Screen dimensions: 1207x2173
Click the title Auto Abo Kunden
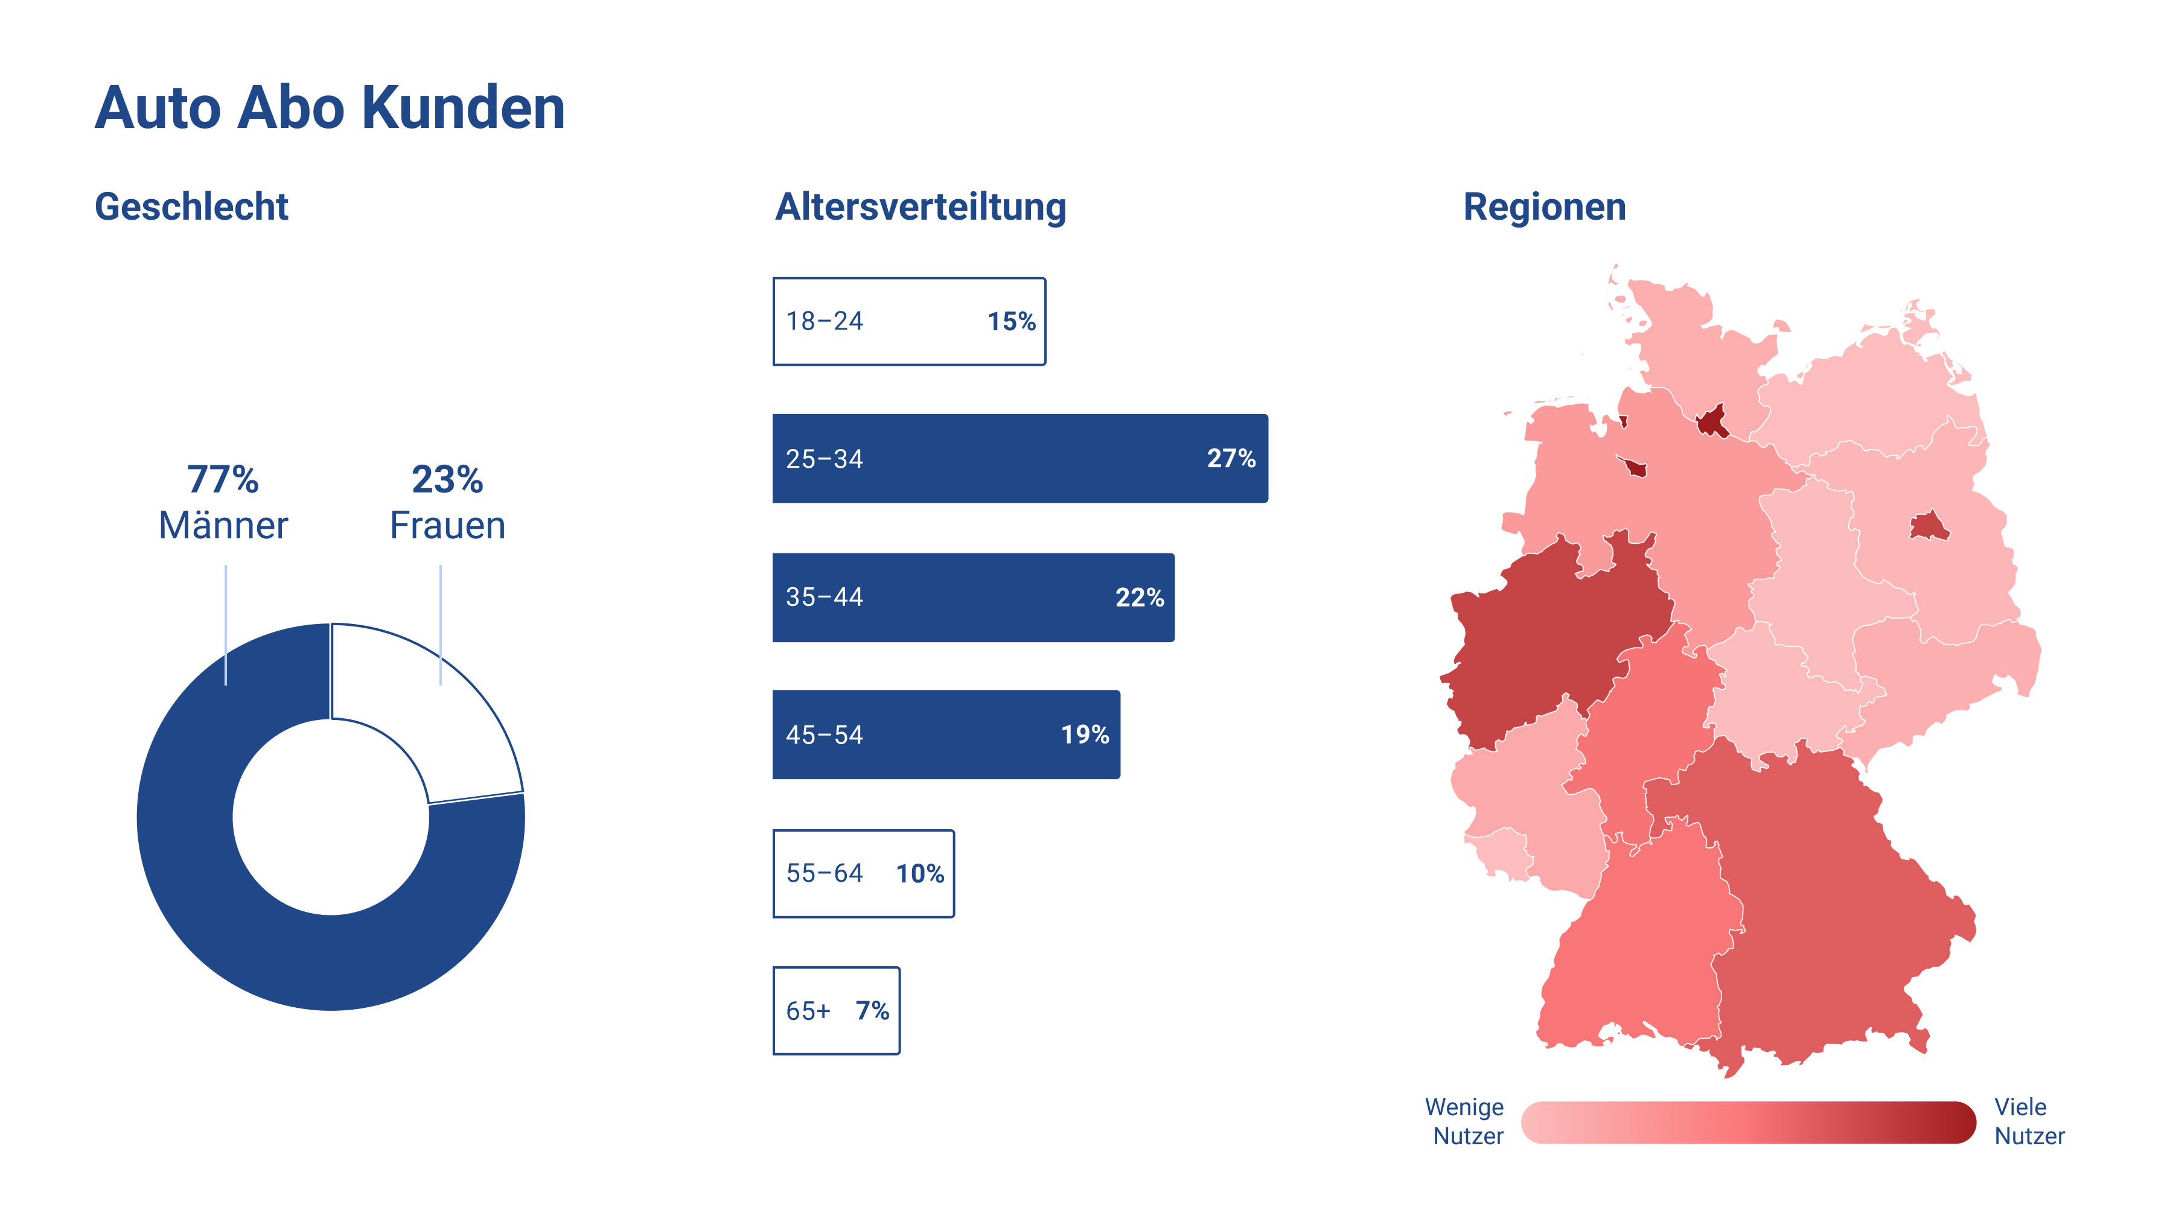pyautogui.click(x=329, y=108)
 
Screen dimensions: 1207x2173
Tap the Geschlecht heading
pyautogui.click(x=191, y=206)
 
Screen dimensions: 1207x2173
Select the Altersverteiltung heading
pyautogui.click(x=921, y=206)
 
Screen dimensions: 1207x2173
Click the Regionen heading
pyautogui.click(x=1543, y=206)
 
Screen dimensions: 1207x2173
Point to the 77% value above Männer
pyautogui.click(x=223, y=479)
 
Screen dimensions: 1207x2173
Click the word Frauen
pyautogui.click(x=447, y=526)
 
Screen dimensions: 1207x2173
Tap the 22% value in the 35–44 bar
pyautogui.click(x=1139, y=597)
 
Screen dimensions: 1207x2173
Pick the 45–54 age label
pyautogui.click(x=824, y=734)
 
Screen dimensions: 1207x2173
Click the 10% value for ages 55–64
pyautogui.click(x=919, y=873)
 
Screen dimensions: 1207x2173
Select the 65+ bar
pyautogui.click(x=836, y=1010)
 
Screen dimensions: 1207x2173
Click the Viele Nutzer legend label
pyautogui.click(x=2028, y=1121)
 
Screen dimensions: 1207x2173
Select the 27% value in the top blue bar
pyautogui.click(x=1231, y=458)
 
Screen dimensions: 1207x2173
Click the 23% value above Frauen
pyautogui.click(x=447, y=479)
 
